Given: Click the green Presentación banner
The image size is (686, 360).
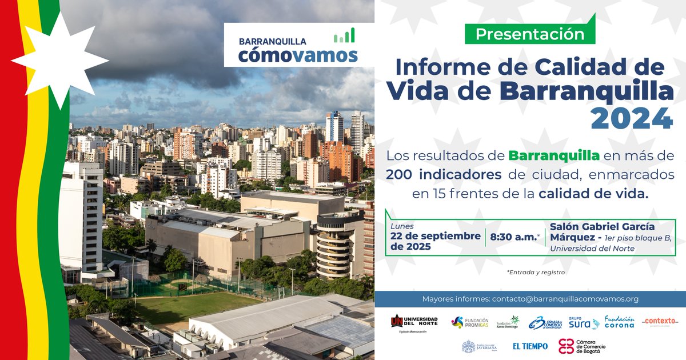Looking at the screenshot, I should tap(530, 34).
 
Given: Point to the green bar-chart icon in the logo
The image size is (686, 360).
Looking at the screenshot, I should tap(344, 36).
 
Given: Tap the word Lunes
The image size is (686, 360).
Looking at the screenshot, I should tap(402, 226).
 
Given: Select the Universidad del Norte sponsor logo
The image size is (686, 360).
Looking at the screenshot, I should tap(414, 323).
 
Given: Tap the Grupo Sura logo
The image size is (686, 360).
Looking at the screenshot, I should tap(584, 323).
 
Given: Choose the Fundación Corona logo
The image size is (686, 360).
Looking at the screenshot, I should tap(619, 322).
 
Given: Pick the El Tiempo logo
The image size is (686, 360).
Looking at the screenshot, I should tap(530, 346).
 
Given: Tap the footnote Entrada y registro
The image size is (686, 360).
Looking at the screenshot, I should tap(536, 272).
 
